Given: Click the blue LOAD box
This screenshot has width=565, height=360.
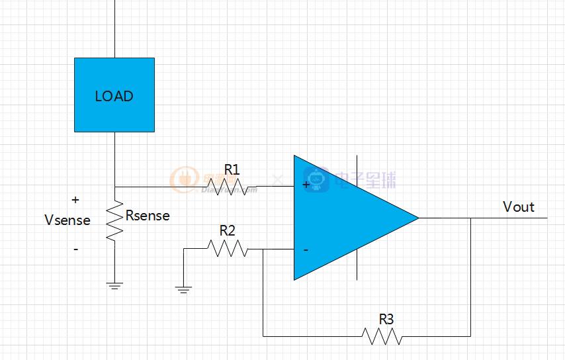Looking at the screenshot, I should (114, 95).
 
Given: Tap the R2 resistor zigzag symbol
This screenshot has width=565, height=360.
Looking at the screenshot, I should (227, 249).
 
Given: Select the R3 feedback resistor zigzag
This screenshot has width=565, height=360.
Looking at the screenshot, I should (382, 336).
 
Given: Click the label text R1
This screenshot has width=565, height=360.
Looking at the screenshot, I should (231, 170).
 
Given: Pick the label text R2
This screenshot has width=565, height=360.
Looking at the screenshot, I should (227, 231).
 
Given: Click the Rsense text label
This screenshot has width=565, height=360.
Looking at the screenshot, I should (148, 216).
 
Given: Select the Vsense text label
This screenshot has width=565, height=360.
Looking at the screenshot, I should (67, 220).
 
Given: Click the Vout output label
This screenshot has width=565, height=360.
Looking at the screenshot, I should (519, 207).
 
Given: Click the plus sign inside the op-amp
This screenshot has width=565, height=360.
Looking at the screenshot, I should (306, 185).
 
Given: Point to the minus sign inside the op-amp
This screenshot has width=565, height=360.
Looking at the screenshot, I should (306, 250).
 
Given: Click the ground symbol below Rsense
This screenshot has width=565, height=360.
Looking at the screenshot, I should (114, 285).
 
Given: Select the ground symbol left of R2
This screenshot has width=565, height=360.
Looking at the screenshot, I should (184, 289).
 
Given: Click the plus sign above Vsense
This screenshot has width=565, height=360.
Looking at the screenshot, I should (75, 199).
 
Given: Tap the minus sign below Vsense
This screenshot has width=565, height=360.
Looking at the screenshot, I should (75, 249).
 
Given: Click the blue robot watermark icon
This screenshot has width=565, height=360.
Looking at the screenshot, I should (317, 179).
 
